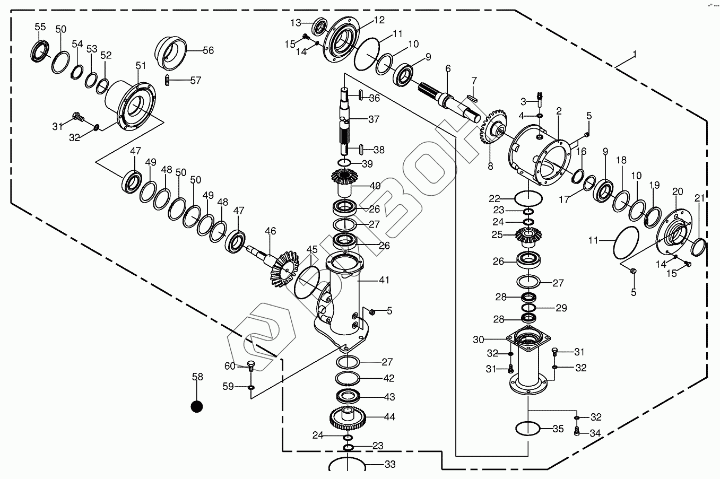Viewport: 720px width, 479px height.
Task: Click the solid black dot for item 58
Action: (197, 406)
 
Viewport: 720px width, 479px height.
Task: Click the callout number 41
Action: (384, 280)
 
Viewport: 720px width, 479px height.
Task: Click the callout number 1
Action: (634, 54)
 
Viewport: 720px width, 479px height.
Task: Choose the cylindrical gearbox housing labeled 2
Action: (540, 154)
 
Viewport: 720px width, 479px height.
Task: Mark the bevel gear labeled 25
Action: (528, 236)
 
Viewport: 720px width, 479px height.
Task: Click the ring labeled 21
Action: (699, 246)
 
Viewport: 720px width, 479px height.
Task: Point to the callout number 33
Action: (390, 465)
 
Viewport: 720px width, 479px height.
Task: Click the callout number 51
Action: (140, 66)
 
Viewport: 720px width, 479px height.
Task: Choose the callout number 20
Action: (678, 191)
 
